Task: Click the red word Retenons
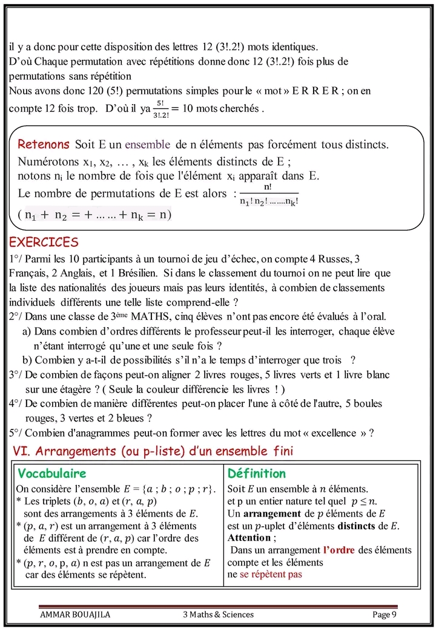click(44, 145)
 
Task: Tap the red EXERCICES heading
click(44, 243)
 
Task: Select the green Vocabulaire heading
click(52, 474)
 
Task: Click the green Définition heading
click(256, 474)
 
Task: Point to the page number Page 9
click(385, 615)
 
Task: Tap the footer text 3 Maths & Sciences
click(219, 615)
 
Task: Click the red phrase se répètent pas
click(271, 574)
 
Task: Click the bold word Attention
click(249, 538)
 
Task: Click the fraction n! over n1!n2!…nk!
click(268, 195)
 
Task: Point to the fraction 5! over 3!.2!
click(160, 109)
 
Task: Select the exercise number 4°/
click(16, 403)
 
